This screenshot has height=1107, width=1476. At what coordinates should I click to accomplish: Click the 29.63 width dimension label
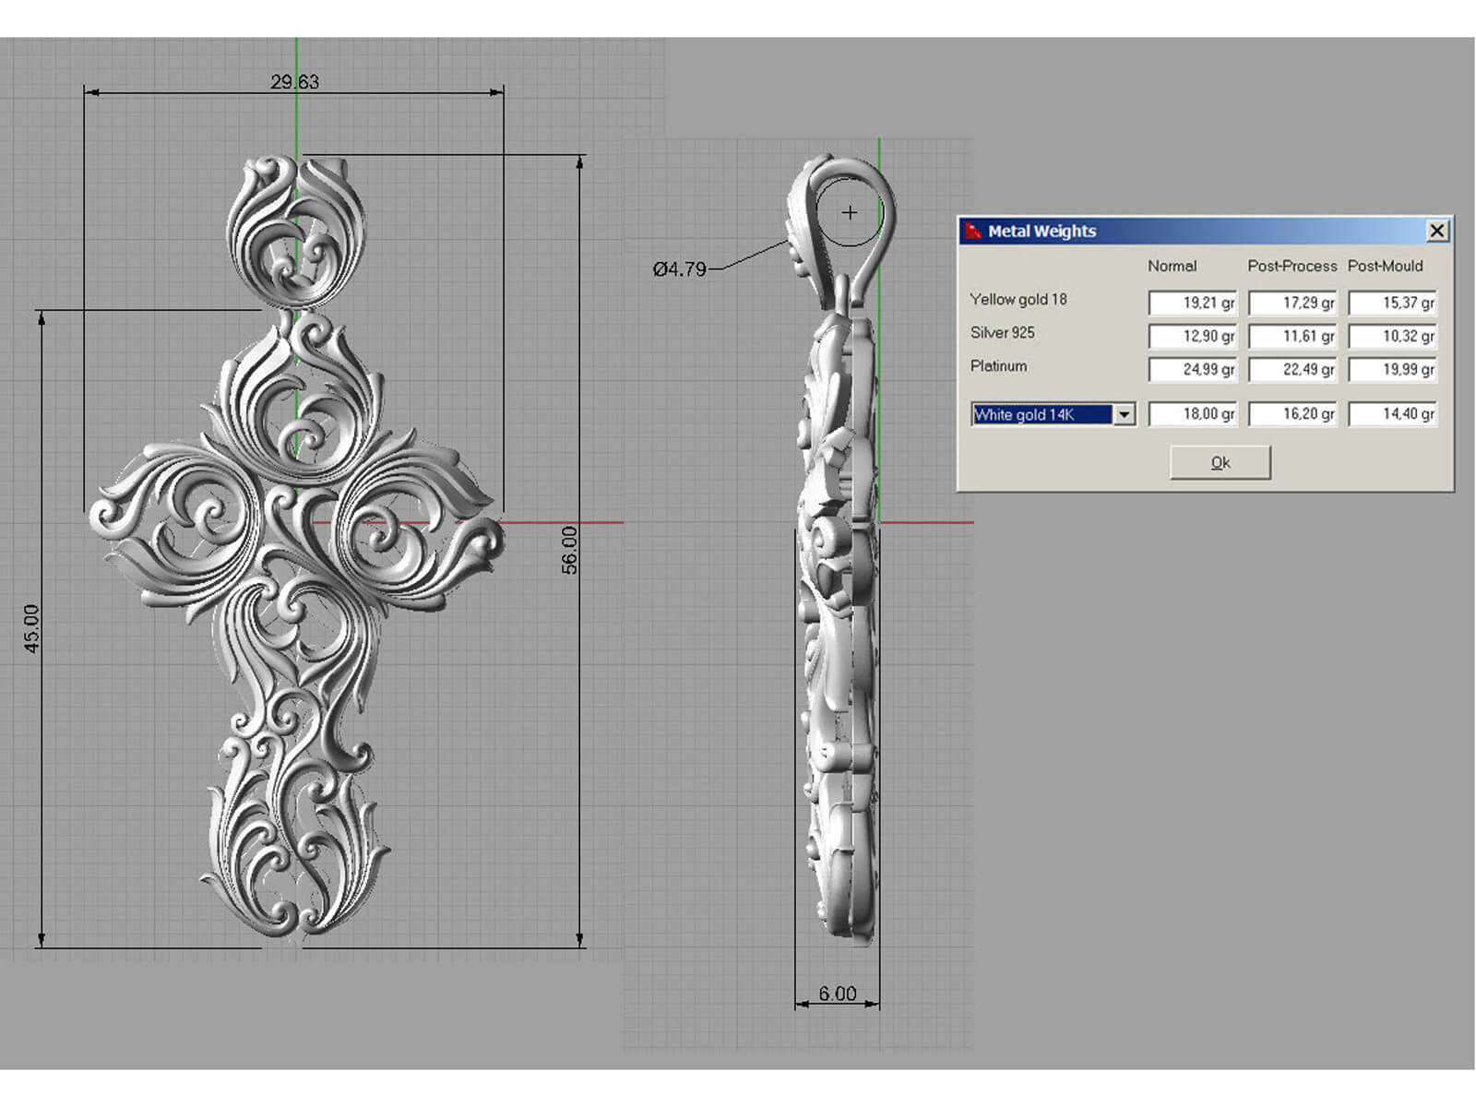(294, 82)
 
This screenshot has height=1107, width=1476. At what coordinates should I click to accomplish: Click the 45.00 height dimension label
(31, 629)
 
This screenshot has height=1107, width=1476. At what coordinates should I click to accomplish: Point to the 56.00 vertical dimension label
(569, 550)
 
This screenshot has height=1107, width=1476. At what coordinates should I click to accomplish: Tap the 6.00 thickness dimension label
(838, 994)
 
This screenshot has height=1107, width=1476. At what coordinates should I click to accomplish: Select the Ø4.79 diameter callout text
(679, 269)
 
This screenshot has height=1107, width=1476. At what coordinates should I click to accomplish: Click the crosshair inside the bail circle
(850, 213)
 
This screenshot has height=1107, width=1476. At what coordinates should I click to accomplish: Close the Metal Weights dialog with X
(1436, 231)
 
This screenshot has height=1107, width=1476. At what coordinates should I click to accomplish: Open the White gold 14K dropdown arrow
(1124, 415)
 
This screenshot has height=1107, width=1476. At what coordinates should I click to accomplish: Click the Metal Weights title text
(1042, 232)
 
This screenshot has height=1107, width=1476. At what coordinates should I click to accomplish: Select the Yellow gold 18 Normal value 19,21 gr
(1193, 303)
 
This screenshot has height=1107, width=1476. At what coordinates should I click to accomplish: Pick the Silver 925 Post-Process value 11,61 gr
(1292, 337)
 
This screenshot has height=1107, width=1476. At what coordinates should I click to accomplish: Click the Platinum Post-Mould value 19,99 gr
(1392, 370)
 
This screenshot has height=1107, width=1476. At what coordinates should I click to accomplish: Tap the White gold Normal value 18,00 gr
(1193, 414)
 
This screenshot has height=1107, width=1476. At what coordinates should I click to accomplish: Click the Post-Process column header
(1291, 266)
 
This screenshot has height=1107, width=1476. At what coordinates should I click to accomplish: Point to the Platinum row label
(998, 366)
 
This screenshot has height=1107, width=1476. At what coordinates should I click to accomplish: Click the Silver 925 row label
(1002, 333)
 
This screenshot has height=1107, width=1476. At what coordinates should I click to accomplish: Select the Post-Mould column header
(1385, 266)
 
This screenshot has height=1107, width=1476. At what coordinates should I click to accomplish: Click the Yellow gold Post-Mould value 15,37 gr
(1392, 303)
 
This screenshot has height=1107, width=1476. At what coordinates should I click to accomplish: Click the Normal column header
(1172, 266)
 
